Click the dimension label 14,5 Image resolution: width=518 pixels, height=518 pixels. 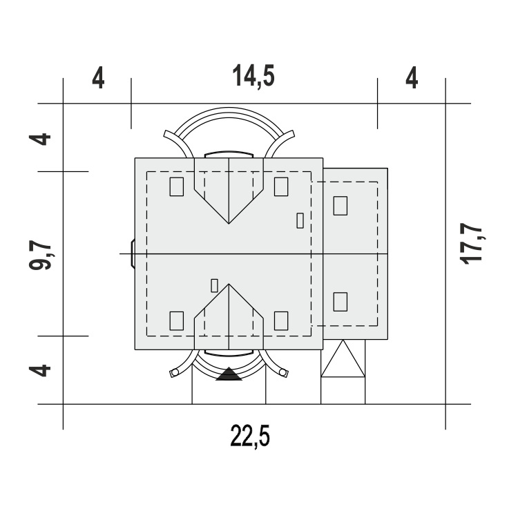[253, 76]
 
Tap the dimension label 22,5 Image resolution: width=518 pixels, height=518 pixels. [250, 436]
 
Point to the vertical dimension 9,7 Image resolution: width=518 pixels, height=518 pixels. [40, 255]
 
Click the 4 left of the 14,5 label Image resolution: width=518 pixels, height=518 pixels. [98, 77]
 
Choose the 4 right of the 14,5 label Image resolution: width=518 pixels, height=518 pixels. [412, 77]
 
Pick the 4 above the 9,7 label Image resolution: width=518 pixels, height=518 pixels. [39, 139]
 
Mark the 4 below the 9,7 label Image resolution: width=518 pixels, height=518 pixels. [39, 371]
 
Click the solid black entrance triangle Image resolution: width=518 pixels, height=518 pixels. [229, 374]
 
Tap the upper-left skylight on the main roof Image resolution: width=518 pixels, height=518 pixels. [177, 186]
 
